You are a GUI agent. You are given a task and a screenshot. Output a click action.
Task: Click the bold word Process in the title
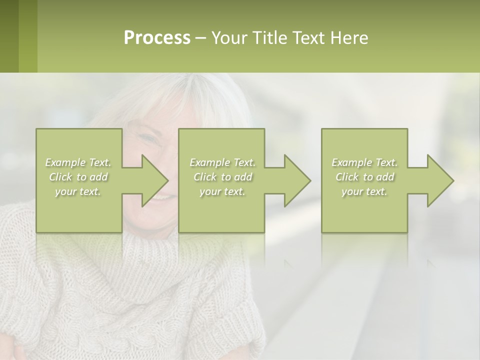[x=157, y=38]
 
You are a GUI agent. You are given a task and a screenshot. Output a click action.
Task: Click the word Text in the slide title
[x=309, y=38]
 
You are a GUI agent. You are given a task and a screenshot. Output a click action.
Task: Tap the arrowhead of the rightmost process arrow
[x=439, y=180]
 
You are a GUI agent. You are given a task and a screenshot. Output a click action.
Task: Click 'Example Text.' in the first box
[x=78, y=162]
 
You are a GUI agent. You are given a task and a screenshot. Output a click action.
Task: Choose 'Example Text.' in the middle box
[x=222, y=162]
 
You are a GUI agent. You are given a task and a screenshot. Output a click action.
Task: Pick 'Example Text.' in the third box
[x=364, y=162]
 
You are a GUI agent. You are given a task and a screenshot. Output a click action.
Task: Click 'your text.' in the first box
[x=78, y=191]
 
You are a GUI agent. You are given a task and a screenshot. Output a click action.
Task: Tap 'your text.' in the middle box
[x=222, y=191]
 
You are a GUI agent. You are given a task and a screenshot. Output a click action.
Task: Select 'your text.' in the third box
[x=364, y=191]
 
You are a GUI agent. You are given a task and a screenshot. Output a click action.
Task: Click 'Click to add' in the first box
[x=78, y=177]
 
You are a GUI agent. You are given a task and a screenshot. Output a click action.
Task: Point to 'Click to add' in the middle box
[x=222, y=177]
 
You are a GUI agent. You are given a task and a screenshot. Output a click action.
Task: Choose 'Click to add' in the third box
[x=364, y=177]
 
